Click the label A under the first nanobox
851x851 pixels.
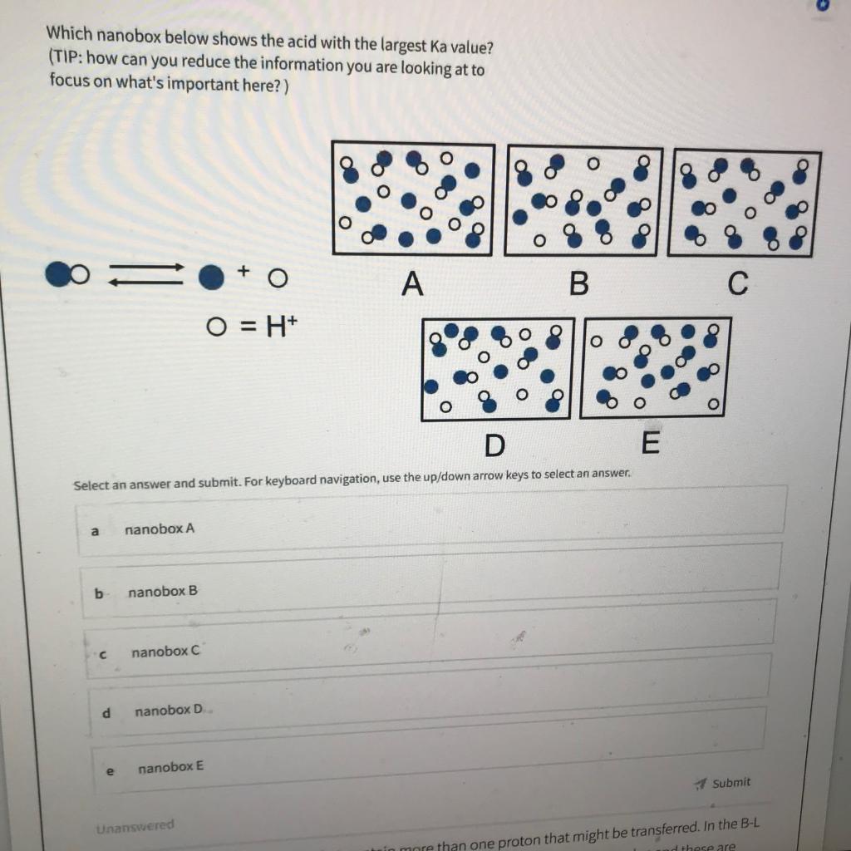pyautogui.click(x=412, y=285)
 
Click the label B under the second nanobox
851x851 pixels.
pyautogui.click(x=578, y=284)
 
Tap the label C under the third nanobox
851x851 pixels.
pyautogui.click(x=737, y=284)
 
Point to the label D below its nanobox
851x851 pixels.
pyautogui.click(x=494, y=446)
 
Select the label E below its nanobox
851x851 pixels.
pyautogui.click(x=650, y=444)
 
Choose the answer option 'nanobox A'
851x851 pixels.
pyautogui.click(x=160, y=529)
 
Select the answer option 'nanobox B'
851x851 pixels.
pyautogui.click(x=163, y=592)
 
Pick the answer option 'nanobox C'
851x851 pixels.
pyautogui.click(x=165, y=652)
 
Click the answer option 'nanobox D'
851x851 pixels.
pyautogui.click(x=169, y=711)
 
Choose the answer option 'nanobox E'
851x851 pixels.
pyautogui.click(x=170, y=767)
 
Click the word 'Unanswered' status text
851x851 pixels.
pyautogui.click(x=135, y=827)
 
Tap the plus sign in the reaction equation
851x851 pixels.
pyautogui.click(x=243, y=270)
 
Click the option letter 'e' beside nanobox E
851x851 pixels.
pyautogui.click(x=110, y=771)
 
